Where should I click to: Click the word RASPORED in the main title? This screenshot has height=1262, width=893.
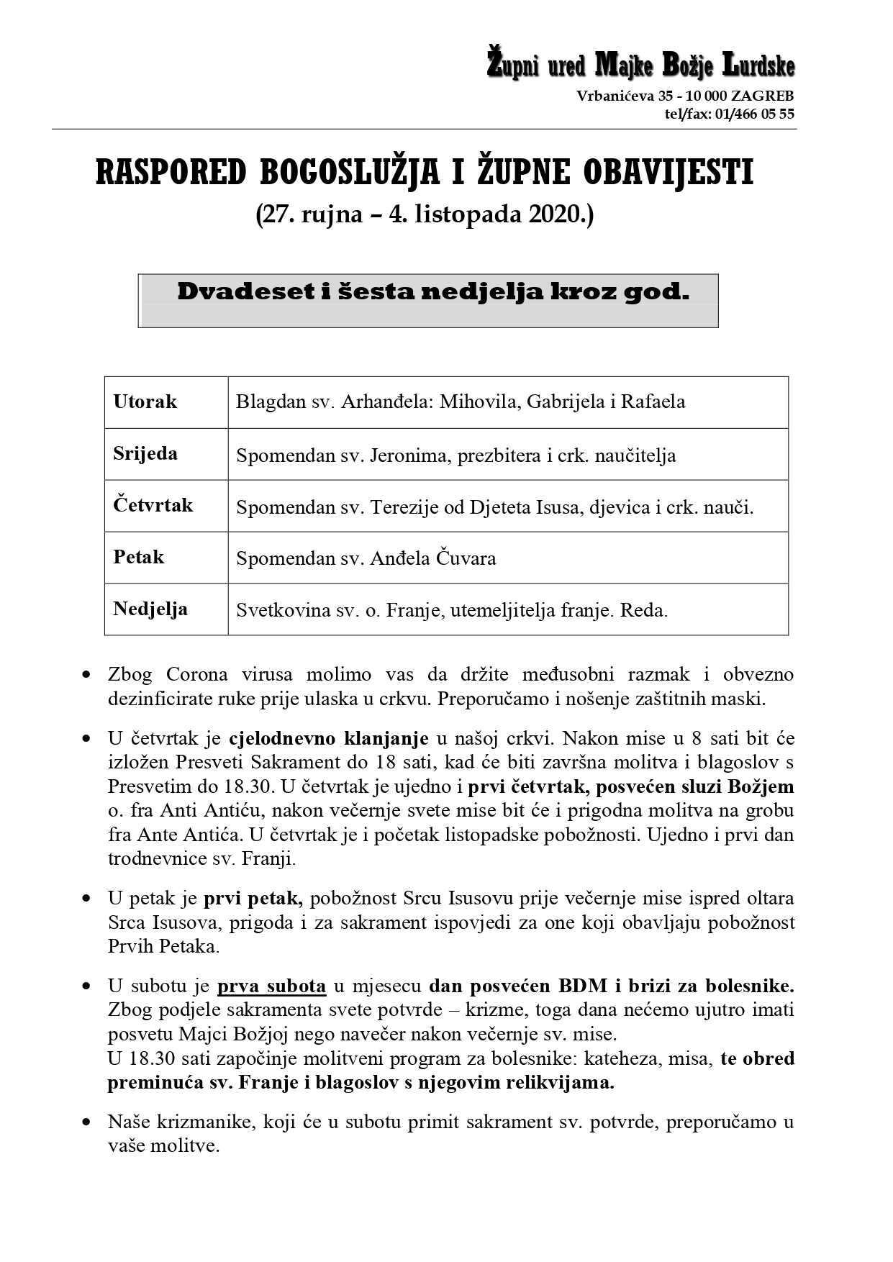pyautogui.click(x=171, y=173)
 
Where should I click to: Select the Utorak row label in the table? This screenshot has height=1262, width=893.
pyautogui.click(x=145, y=401)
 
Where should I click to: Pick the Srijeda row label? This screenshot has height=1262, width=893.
pyautogui.click(x=145, y=453)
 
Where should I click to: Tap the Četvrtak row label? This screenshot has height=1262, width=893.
pyautogui.click(x=153, y=505)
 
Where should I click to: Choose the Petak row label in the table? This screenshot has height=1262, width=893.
pyautogui.click(x=139, y=557)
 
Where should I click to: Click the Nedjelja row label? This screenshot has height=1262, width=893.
pyautogui.click(x=150, y=609)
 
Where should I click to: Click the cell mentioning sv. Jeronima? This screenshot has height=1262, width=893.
pyautogui.click(x=455, y=455)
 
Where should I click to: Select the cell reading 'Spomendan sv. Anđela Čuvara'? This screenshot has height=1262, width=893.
pyautogui.click(x=366, y=558)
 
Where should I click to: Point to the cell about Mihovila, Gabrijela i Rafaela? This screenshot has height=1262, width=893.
pyautogui.click(x=461, y=401)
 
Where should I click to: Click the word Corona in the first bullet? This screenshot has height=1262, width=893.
pyautogui.click(x=196, y=675)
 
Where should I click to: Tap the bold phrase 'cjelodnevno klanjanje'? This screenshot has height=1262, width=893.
pyautogui.click(x=329, y=738)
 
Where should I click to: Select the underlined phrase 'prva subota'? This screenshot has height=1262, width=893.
pyautogui.click(x=271, y=986)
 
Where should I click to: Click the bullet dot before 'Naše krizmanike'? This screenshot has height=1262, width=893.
pyautogui.click(x=86, y=1122)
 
